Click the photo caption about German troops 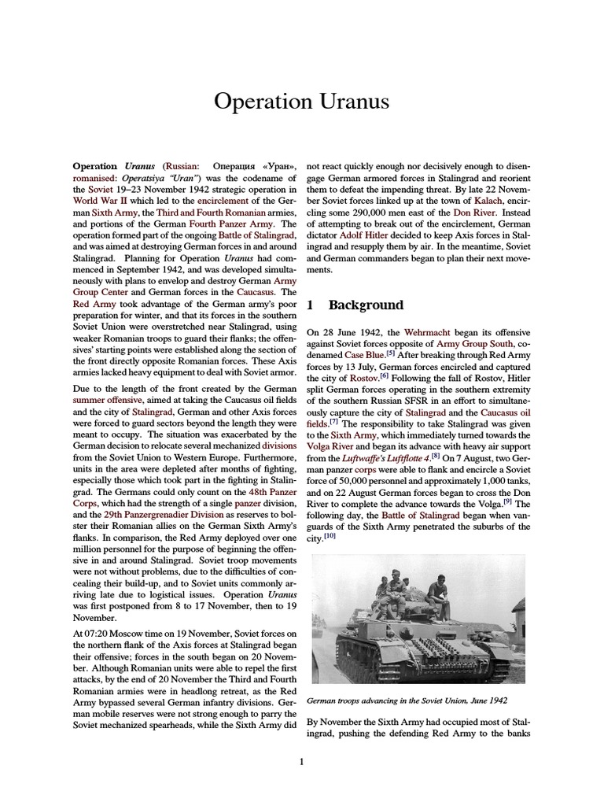(407, 700)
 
